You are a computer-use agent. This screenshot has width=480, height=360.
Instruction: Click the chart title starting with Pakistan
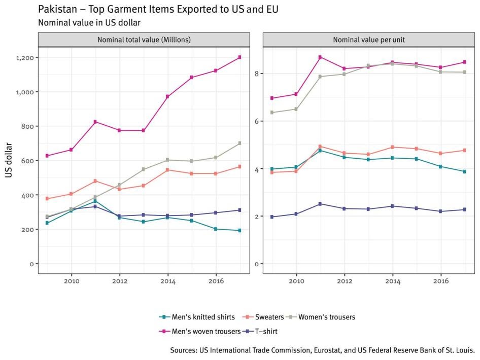(158, 10)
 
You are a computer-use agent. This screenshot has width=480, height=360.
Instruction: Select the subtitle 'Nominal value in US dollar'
(89, 22)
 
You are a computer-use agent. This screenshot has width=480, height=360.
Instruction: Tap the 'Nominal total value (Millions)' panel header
(144, 40)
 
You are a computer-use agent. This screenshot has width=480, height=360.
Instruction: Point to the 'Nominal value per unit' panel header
(368, 40)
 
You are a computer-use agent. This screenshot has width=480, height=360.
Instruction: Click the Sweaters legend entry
(266, 317)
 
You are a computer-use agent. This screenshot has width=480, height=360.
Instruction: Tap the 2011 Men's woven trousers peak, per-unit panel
(320, 57)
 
